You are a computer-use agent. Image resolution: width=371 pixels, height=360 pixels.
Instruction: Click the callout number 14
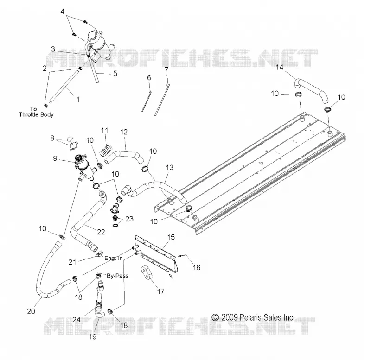coord(280,67)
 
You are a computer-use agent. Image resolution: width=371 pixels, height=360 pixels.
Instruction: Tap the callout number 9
coord(55,158)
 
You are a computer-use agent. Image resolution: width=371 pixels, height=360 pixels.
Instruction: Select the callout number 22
coord(101,232)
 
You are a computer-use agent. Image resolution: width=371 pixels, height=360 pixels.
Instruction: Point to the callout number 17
coord(160,291)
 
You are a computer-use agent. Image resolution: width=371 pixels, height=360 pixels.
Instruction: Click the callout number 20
coord(31,311)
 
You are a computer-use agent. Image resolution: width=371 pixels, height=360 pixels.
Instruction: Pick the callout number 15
coord(171,237)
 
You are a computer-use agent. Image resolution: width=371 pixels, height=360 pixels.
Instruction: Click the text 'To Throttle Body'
coord(36,112)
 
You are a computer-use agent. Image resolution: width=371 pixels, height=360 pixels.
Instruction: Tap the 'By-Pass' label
coord(118,276)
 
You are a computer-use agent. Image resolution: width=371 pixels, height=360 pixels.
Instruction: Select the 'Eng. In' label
coord(114,258)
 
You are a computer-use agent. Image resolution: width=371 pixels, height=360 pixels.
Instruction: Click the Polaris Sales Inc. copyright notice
coord(253,317)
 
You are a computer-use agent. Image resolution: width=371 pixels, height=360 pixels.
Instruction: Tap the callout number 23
coord(129,219)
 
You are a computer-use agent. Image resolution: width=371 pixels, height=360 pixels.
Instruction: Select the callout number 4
coord(63,11)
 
